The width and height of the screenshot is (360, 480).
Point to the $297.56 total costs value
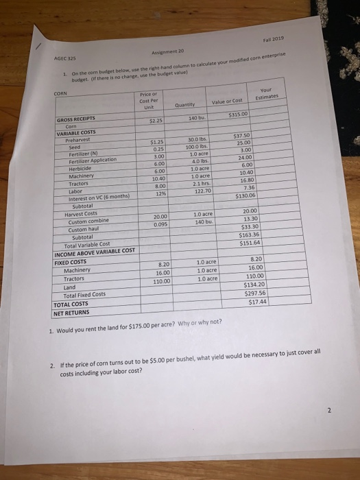click(256, 293)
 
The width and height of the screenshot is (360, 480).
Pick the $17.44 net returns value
click(258, 301)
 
